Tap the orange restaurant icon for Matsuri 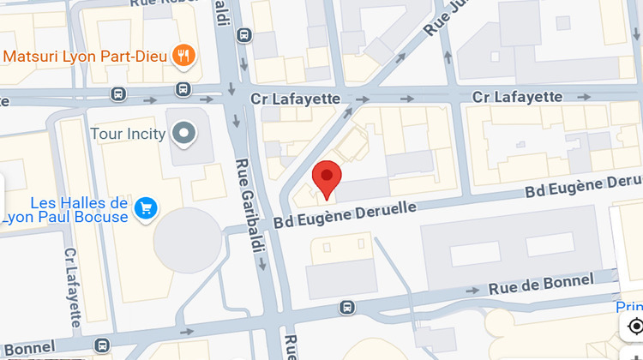183,57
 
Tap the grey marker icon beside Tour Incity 183,134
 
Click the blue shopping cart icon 146,207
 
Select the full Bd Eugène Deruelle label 346,215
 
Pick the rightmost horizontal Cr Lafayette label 517,97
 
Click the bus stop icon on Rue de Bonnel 346,307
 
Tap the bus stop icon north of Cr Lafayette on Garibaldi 244,36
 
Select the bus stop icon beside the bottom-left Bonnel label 102,345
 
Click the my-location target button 634,327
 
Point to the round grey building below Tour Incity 188,241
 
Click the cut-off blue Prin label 629,307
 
